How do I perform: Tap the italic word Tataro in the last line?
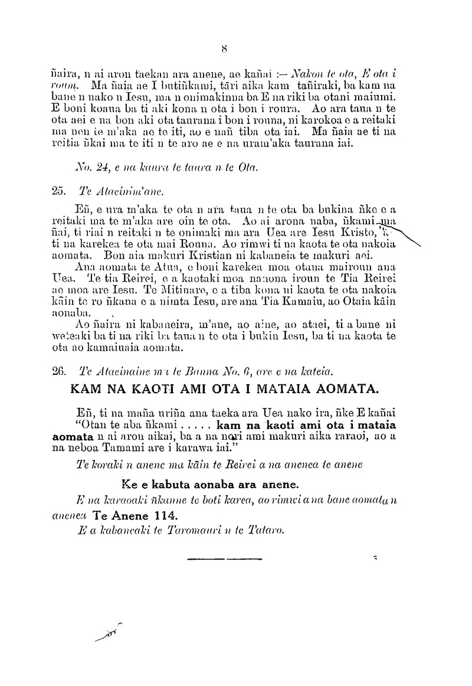point(270,530)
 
